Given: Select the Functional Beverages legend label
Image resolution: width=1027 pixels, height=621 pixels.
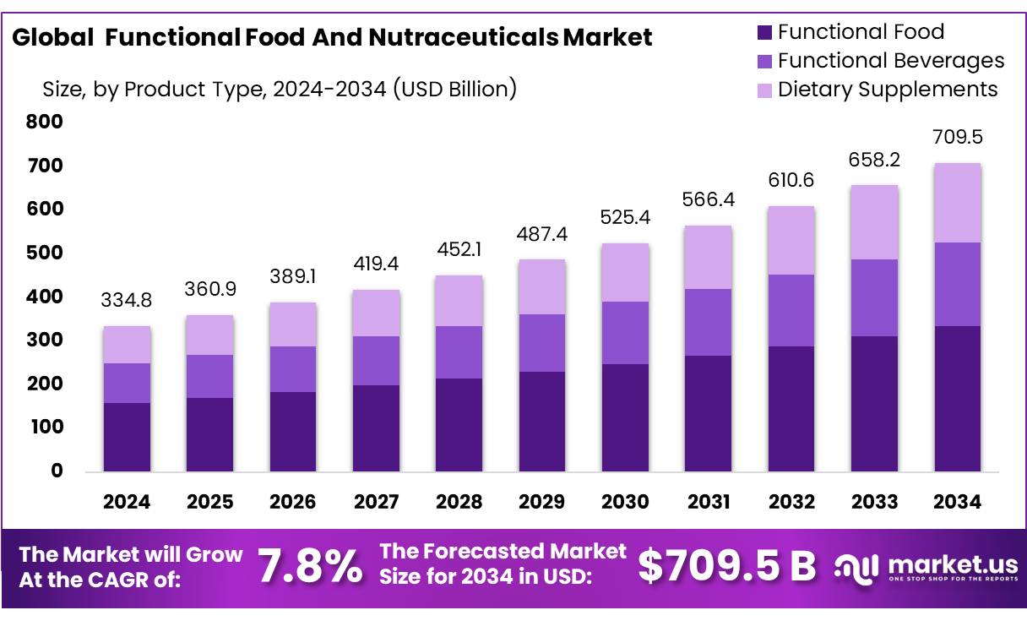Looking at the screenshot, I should pos(891,61).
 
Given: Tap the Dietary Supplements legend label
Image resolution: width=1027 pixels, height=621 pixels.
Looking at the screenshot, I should pos(888,90).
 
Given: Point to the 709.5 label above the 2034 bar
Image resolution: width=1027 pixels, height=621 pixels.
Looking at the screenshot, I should pos(958,137).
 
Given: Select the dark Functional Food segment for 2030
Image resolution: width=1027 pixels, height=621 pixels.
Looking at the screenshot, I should pos(625,417).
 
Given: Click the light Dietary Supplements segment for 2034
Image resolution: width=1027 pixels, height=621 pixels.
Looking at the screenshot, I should pos(958,203).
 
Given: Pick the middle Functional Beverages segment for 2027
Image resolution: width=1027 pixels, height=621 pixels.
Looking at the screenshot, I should pos(376,361).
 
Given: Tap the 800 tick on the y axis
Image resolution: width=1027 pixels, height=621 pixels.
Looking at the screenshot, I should pos(45,122).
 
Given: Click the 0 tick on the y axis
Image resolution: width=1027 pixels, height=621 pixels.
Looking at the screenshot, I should pos(56,471).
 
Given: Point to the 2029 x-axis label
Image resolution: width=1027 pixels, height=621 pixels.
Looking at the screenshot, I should pos(541,502).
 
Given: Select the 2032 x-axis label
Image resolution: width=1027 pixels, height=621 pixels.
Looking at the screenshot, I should pos(791,502).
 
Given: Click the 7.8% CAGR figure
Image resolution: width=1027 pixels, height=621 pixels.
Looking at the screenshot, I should pos(310,566).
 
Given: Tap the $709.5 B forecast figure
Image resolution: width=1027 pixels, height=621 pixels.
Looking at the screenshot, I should pos(726,566).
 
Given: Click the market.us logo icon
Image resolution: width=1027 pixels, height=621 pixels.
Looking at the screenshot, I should pos(856,567).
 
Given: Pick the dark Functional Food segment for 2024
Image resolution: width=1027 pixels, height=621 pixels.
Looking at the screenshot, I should pos(127,437).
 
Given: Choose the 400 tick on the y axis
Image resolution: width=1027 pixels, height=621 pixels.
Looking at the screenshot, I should pos(45,297).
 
